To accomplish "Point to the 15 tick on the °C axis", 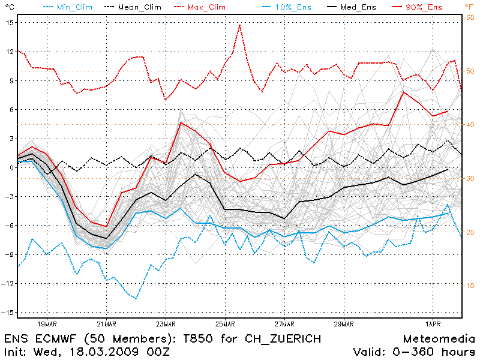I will point(10,22).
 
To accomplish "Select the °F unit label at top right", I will point(469,6).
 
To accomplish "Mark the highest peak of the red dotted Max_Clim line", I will point(239,25).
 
